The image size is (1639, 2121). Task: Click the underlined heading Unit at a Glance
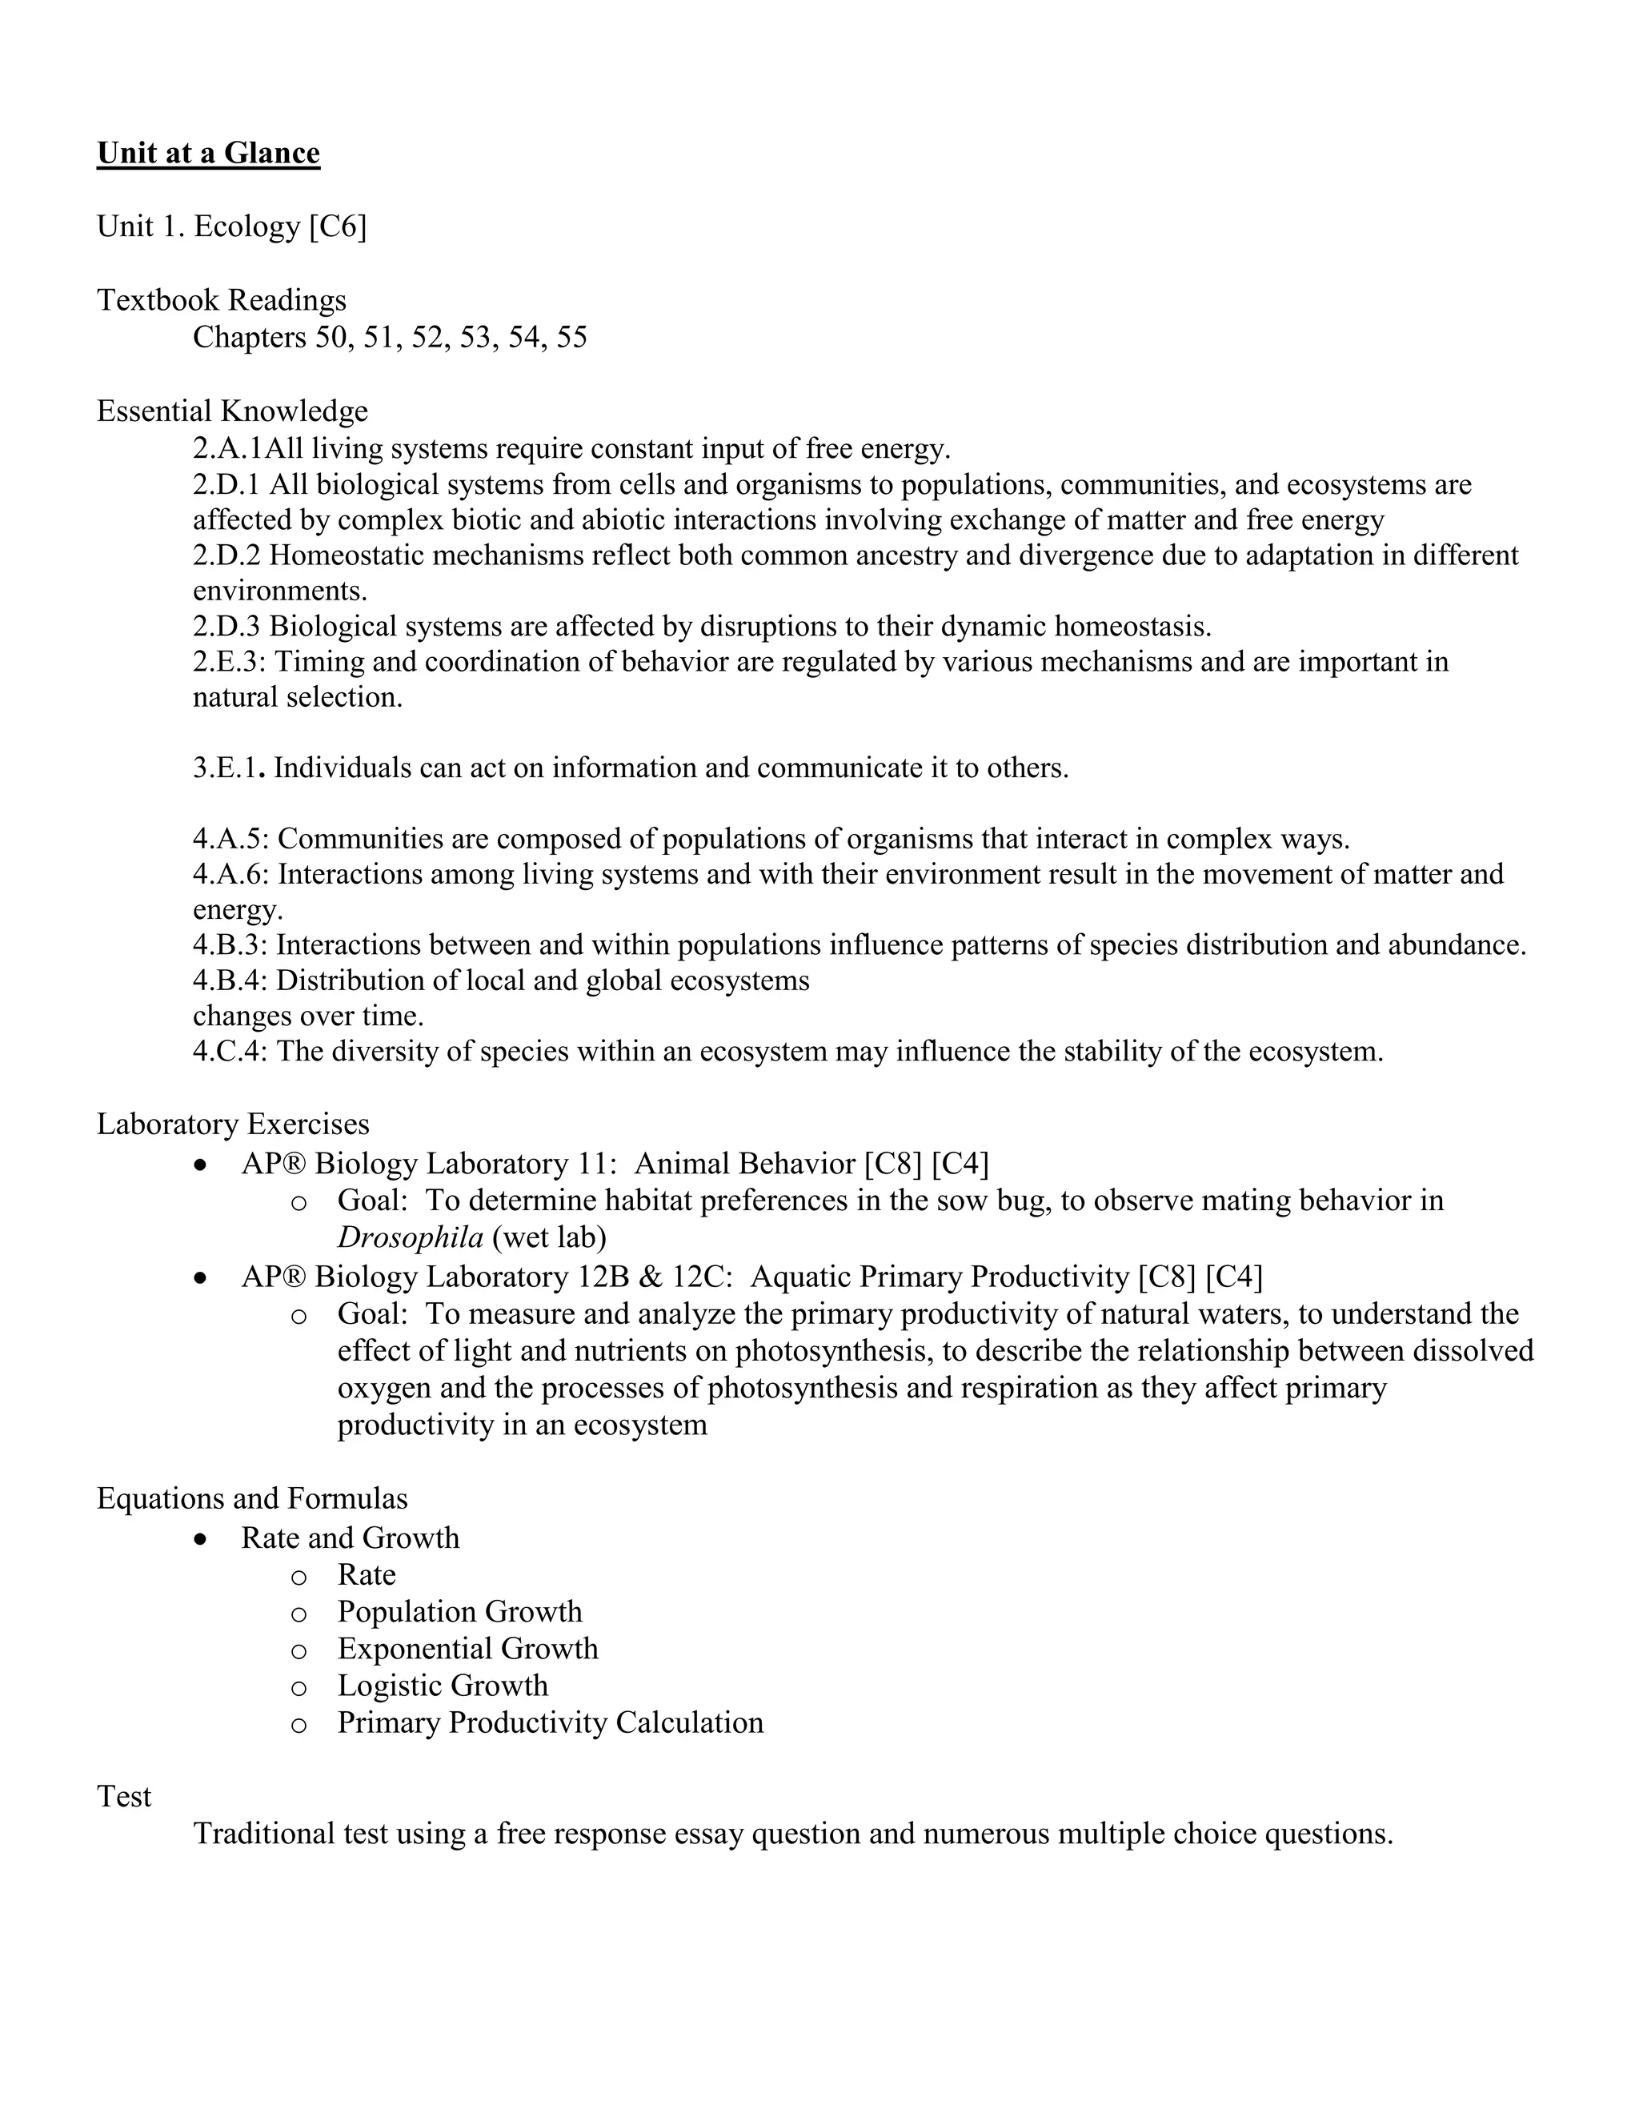[208, 154]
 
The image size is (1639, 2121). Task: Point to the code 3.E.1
[227, 768]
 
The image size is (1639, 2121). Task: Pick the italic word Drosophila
[410, 1237]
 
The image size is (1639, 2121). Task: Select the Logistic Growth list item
[443, 1685]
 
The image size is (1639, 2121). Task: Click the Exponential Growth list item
[467, 1648]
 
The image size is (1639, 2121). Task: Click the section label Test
[124, 1796]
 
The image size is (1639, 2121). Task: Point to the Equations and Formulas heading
[251, 1498]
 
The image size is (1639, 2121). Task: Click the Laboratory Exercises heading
[233, 1124]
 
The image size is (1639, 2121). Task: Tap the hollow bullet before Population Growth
[299, 1613]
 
